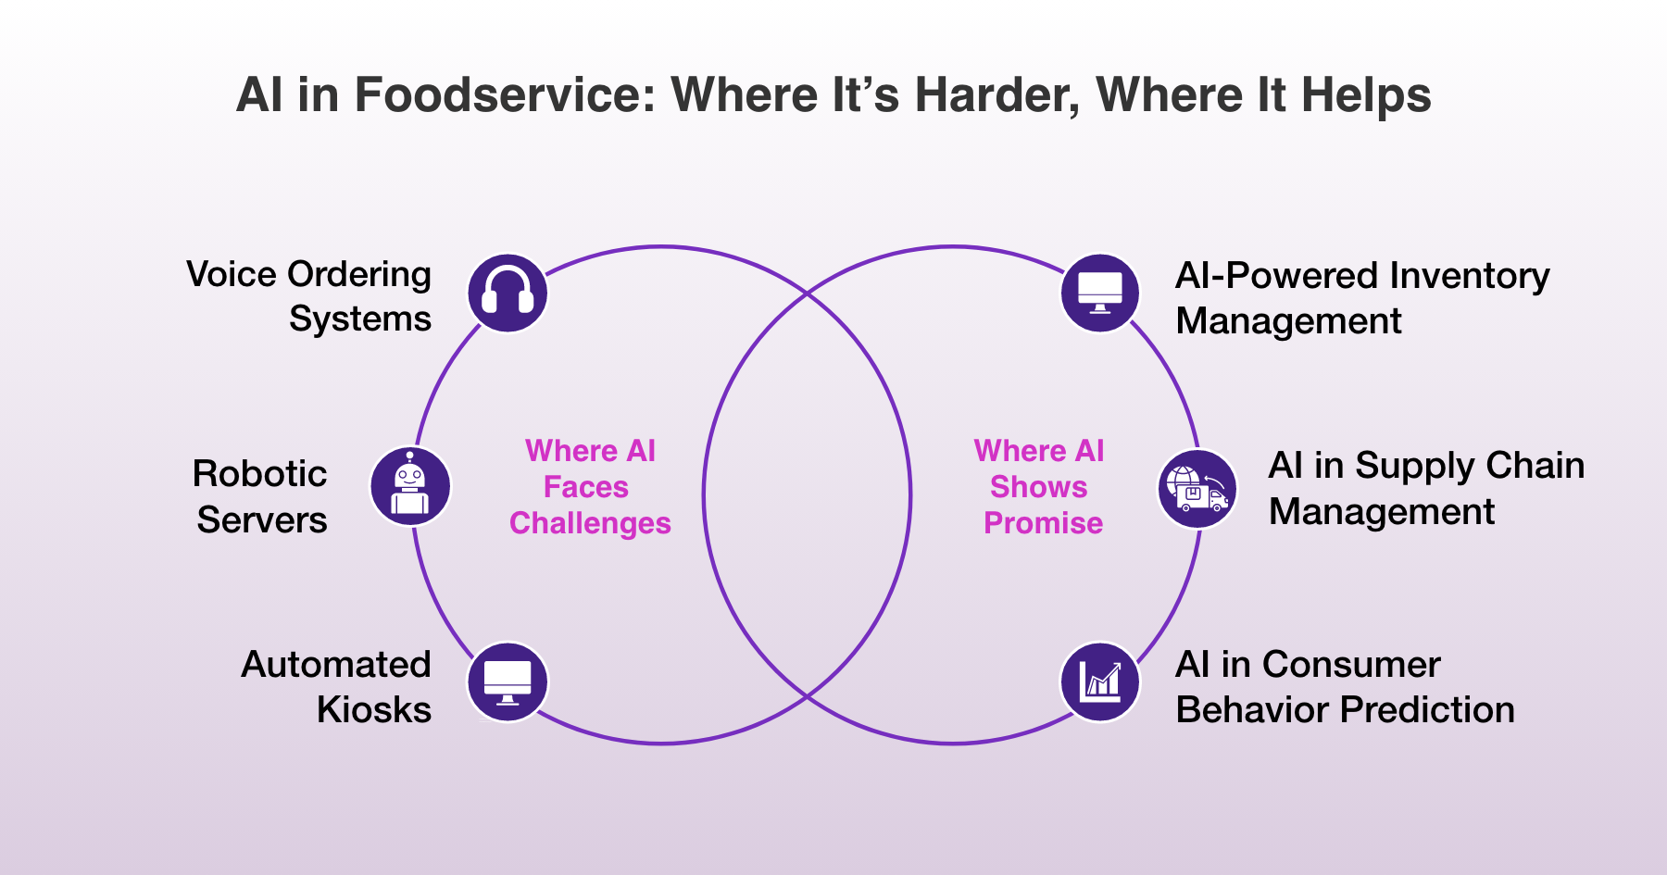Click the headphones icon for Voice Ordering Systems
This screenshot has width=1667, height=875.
(508, 294)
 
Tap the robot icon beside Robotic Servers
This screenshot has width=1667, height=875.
(410, 486)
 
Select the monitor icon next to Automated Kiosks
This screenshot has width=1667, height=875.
(508, 682)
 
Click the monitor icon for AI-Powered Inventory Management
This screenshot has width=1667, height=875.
(1100, 294)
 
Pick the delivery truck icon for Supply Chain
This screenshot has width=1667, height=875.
(1197, 489)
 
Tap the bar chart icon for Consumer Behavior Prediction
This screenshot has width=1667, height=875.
(1100, 682)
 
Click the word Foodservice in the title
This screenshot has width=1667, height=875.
(506, 94)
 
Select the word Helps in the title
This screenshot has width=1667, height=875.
(1365, 94)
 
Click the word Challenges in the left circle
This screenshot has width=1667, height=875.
(590, 523)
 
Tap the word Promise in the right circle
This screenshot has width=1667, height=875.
(1043, 523)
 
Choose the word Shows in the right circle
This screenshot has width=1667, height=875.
(1038, 487)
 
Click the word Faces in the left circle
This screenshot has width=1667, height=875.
(585, 487)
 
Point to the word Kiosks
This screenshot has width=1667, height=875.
(373, 710)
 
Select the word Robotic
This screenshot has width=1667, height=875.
(259, 474)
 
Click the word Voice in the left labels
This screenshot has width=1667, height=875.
(232, 275)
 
